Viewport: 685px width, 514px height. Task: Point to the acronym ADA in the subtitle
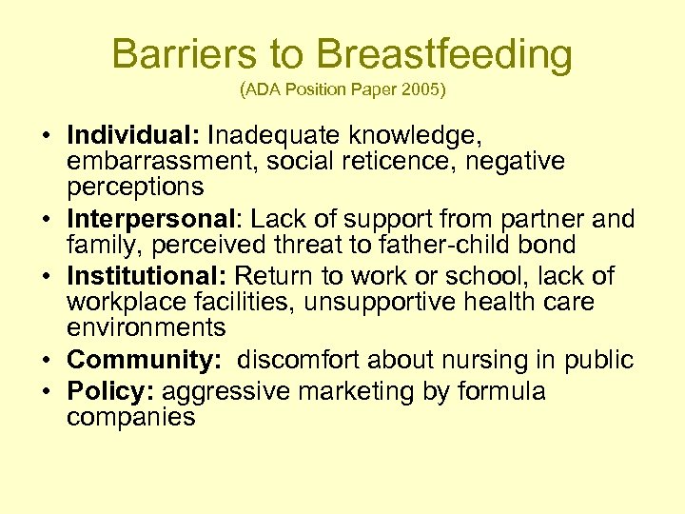[265, 92]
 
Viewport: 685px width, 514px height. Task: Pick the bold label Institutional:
[147, 276]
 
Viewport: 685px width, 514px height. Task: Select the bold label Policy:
[110, 391]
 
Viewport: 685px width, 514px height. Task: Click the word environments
[146, 328]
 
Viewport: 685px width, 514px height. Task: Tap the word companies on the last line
[130, 417]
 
